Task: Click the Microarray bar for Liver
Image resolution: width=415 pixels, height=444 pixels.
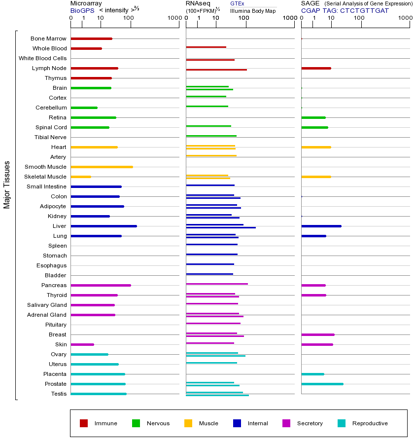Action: [104, 226]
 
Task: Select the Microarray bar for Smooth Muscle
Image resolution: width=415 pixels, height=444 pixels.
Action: [102, 167]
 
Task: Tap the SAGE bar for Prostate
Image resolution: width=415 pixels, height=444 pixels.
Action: [322, 384]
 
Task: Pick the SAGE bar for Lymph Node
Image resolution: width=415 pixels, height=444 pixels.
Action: [316, 68]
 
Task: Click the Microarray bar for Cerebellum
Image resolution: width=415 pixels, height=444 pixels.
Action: [84, 108]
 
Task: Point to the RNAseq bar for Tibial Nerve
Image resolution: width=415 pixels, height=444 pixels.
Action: [211, 136]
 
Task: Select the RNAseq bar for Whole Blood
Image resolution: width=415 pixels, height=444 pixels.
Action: [206, 47]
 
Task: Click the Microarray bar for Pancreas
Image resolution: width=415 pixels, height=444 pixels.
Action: [101, 285]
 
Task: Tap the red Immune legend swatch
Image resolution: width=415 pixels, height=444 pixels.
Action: [84, 423]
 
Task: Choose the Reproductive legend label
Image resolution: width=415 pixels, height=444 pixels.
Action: [370, 423]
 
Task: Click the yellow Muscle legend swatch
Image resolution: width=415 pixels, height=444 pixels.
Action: [188, 423]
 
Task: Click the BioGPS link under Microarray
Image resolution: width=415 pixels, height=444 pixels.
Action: [81, 10]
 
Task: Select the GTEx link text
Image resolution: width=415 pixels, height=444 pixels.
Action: [237, 3]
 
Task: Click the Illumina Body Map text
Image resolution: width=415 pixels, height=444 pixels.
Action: [253, 10]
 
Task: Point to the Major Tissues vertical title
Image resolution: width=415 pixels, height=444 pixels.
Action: [7, 185]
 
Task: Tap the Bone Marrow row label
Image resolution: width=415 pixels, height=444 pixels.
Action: [48, 38]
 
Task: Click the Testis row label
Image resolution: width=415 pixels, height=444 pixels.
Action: [59, 394]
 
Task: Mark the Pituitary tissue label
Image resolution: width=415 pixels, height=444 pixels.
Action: [55, 325]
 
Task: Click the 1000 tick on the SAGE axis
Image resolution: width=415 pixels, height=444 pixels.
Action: [405, 18]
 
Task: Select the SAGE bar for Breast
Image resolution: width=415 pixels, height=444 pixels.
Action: [317, 334]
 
